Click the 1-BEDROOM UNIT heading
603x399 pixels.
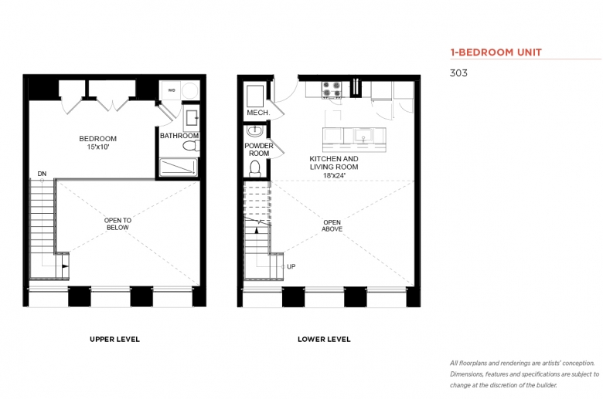click(496, 52)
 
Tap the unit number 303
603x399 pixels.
click(458, 73)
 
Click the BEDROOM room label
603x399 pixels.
click(97, 139)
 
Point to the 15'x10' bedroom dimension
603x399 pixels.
click(98, 147)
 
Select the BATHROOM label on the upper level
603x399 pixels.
click(179, 136)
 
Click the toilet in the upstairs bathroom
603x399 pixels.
click(191, 146)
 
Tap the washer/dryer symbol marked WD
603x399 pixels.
click(172, 90)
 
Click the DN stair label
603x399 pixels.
click(42, 174)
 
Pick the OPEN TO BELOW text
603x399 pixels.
click(118, 224)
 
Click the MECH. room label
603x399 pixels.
click(258, 113)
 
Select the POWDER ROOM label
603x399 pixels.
click(259, 150)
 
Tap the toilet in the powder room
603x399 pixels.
click(254, 168)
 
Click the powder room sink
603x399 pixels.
click(254, 131)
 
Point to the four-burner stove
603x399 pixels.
click(332, 90)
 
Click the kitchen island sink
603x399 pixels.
click(363, 136)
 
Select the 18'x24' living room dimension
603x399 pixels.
click(334, 175)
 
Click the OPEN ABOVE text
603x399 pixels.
click(332, 225)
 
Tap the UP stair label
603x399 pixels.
click(291, 266)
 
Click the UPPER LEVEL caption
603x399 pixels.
click(114, 339)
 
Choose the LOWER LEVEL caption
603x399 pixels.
click(324, 339)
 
